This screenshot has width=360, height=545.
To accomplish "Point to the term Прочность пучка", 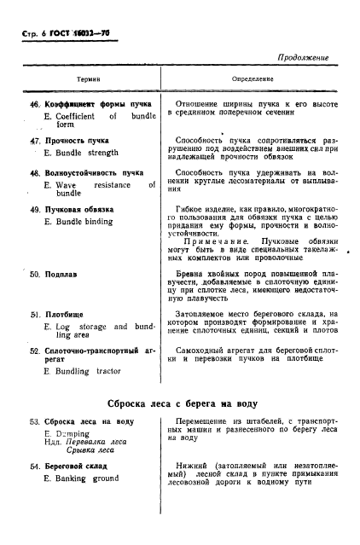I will (76, 139).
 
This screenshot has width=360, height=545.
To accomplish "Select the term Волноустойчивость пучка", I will (93, 171).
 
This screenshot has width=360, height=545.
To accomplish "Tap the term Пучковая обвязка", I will (83, 210).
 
